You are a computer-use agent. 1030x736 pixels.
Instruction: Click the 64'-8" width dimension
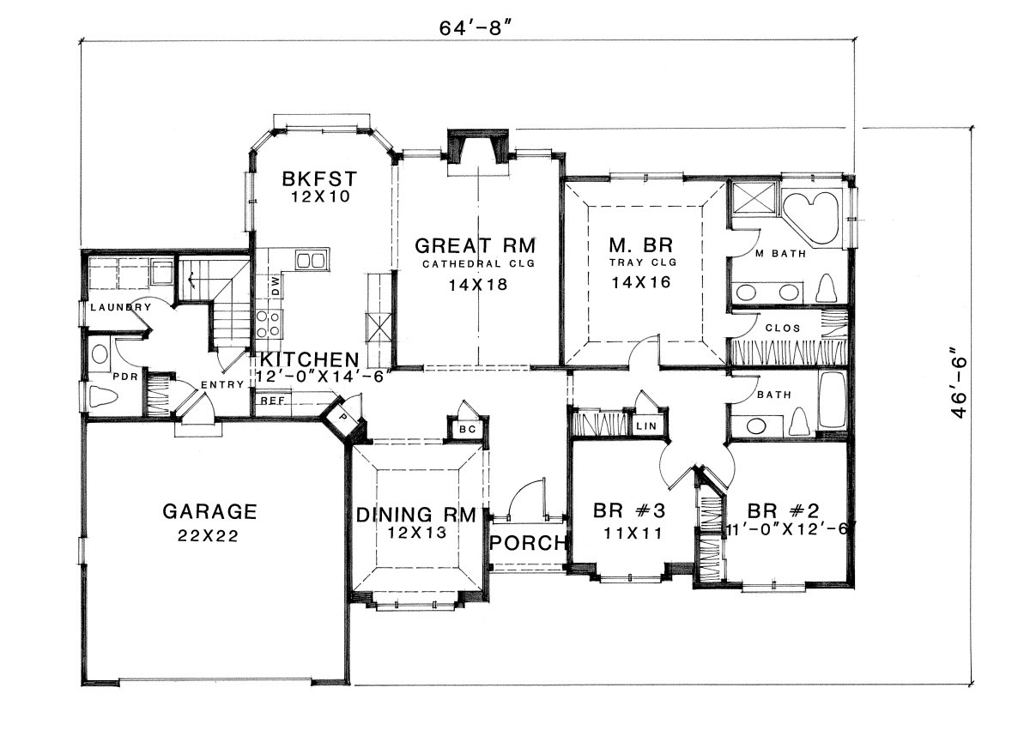pos(476,28)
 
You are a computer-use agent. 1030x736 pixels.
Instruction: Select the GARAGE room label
pos(209,511)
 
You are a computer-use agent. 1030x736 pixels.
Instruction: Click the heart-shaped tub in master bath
pos(810,217)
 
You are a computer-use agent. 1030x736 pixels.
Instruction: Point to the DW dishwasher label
pos(276,286)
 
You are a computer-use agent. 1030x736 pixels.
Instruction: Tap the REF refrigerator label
pos(273,401)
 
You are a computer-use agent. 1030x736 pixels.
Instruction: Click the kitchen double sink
pos(312,261)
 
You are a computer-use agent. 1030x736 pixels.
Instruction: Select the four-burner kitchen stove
pos(269,323)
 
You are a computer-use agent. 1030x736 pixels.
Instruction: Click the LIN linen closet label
pos(646,425)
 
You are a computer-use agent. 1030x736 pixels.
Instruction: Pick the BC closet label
pos(468,430)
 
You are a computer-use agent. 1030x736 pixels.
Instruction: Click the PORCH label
pos(527,543)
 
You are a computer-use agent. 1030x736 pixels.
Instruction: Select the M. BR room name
pos(641,244)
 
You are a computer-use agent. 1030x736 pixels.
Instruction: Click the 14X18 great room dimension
pos(478,285)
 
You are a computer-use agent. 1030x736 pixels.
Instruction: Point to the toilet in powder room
pos(103,396)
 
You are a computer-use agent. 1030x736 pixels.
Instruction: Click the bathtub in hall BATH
pos(832,400)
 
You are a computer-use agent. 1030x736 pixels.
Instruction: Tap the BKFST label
pos(319,178)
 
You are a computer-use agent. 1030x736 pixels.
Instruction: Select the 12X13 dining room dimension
pos(416,533)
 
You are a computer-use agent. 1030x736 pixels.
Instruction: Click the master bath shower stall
pos(754,198)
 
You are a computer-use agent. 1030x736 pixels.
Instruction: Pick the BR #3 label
pos(629,510)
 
